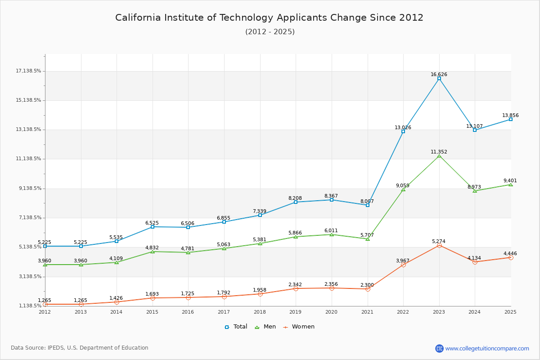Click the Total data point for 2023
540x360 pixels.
click(439, 79)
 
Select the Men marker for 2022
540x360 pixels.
click(403, 189)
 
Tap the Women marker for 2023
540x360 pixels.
click(439, 245)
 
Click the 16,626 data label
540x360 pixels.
click(439, 75)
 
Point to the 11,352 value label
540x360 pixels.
click(439, 152)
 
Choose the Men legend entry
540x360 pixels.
click(265, 327)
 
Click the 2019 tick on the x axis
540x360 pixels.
click(296, 312)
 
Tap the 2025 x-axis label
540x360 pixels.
click(510, 312)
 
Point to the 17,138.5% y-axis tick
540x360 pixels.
click(28, 71)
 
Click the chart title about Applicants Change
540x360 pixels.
click(269, 18)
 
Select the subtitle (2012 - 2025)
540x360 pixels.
click(270, 32)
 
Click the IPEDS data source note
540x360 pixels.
click(80, 348)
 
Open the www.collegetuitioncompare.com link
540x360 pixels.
click(487, 348)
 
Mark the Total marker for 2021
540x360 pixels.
click(368, 205)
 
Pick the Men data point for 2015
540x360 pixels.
click(153, 252)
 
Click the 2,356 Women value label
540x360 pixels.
click(331, 284)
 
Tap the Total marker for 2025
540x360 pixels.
click(511, 119)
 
